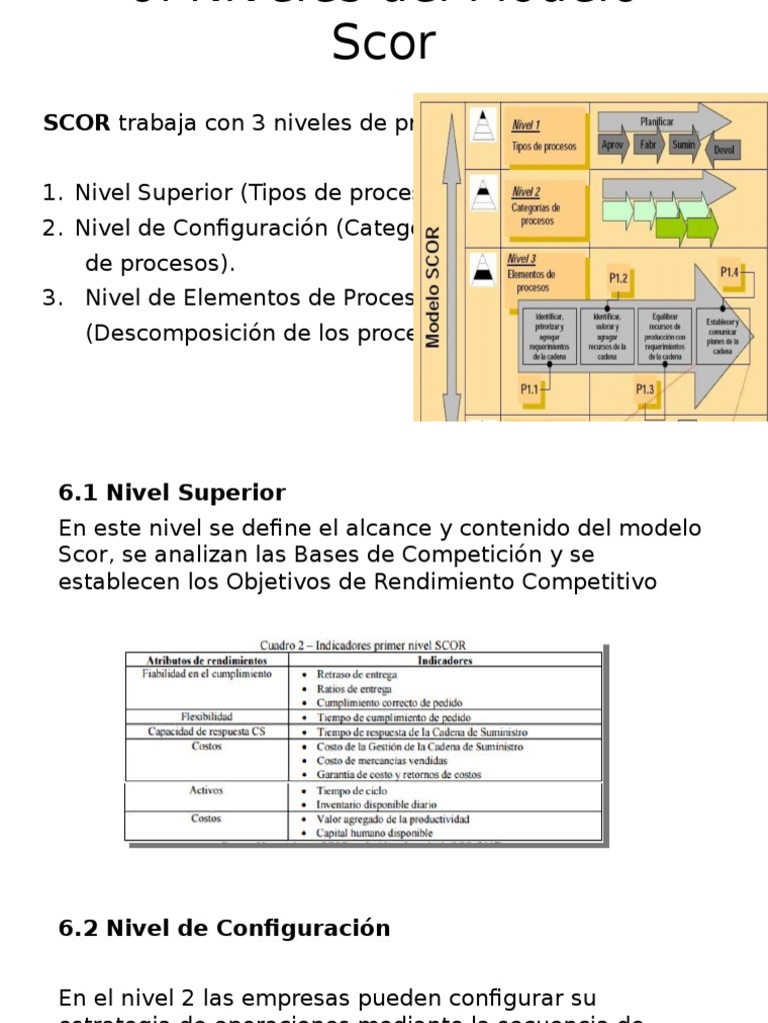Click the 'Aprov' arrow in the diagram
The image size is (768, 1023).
(613, 145)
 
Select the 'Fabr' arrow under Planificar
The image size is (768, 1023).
(648, 145)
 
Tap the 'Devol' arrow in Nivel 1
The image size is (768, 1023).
(724, 150)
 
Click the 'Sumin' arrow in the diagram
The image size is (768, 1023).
(683, 145)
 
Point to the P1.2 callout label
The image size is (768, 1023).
(618, 279)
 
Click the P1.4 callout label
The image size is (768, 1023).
(730, 272)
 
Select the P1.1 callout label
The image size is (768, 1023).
(530, 390)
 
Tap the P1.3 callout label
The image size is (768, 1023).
(645, 390)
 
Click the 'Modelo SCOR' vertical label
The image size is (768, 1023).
(433, 287)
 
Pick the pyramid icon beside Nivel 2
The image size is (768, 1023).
(483, 191)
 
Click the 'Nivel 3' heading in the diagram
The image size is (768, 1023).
(523, 259)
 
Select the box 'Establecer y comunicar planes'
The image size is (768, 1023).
(722, 337)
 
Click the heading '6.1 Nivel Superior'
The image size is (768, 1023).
(172, 493)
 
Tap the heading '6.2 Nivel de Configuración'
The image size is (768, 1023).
(224, 928)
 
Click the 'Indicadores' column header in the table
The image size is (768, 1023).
(445, 660)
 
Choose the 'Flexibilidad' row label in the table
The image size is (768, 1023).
(207, 717)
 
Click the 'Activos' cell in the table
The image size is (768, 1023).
(206, 790)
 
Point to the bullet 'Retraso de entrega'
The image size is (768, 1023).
(355, 674)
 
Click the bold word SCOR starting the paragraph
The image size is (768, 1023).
(77, 123)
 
